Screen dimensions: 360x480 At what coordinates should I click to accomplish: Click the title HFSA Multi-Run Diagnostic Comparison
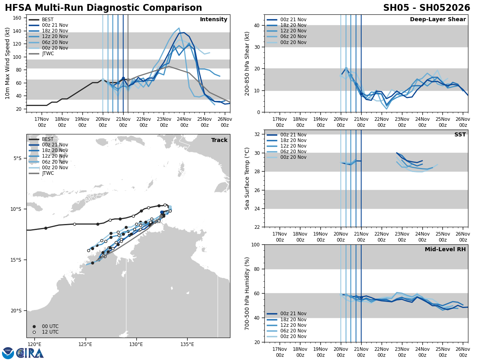(103, 8)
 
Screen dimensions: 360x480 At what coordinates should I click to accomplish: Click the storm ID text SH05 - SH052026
(426, 8)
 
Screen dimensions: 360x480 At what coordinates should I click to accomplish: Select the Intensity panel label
(214, 20)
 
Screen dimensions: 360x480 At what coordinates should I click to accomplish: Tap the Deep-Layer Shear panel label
(438, 20)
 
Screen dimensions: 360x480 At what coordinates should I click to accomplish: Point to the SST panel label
(460, 135)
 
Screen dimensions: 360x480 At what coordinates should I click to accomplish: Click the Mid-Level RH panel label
(445, 250)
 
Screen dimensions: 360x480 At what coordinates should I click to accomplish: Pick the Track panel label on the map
(219, 140)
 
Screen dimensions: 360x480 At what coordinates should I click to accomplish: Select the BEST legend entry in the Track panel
(48, 139)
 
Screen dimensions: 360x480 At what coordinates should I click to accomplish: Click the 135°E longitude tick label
(187, 344)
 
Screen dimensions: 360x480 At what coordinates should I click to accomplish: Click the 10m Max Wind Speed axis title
(8, 63)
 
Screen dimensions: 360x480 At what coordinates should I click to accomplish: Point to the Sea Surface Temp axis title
(247, 178)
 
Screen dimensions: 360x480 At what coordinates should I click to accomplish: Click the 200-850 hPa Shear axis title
(247, 63)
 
